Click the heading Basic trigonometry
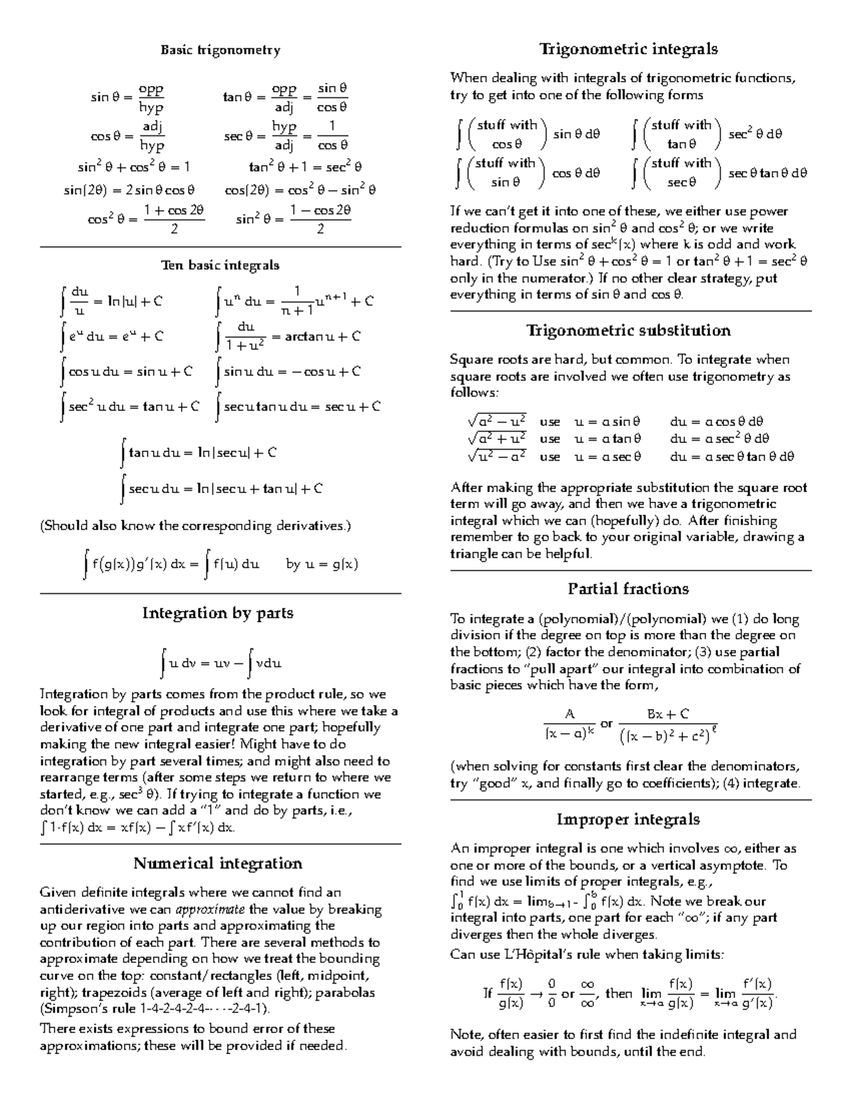[220, 50]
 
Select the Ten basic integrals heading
[220, 265]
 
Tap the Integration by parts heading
[218, 613]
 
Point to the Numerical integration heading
[218, 864]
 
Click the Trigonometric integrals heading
[628, 49]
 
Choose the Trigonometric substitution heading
[628, 331]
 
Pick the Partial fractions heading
[628, 589]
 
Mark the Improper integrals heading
[628, 820]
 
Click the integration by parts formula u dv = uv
[221, 664]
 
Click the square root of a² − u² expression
[496, 421]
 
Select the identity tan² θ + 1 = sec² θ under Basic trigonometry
[305, 167]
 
